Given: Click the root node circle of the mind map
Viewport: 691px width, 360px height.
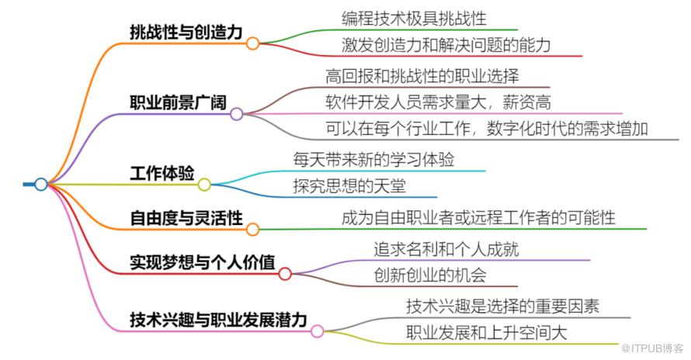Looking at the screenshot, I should [41, 184].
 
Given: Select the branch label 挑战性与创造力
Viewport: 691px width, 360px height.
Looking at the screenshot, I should [186, 32].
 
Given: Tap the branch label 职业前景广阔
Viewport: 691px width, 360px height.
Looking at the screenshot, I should [178, 102].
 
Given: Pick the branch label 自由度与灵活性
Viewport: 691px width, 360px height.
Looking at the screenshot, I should [186, 217].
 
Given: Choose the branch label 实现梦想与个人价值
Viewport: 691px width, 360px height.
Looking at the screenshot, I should [202, 262].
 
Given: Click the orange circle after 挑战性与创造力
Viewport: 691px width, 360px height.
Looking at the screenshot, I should [252, 43].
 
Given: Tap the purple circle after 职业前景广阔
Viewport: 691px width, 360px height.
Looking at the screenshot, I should [237, 114].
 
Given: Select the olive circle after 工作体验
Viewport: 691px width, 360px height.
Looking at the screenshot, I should [204, 185].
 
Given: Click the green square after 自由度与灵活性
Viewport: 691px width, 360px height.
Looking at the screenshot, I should [252, 229].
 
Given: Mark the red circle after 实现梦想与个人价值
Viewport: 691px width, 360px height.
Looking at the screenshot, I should [285, 274].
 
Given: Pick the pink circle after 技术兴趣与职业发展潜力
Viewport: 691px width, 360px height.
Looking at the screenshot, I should [317, 331].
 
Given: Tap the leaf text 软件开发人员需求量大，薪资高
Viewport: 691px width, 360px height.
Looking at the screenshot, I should [439, 102].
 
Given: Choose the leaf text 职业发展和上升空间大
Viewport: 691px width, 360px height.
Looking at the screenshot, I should [487, 333].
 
